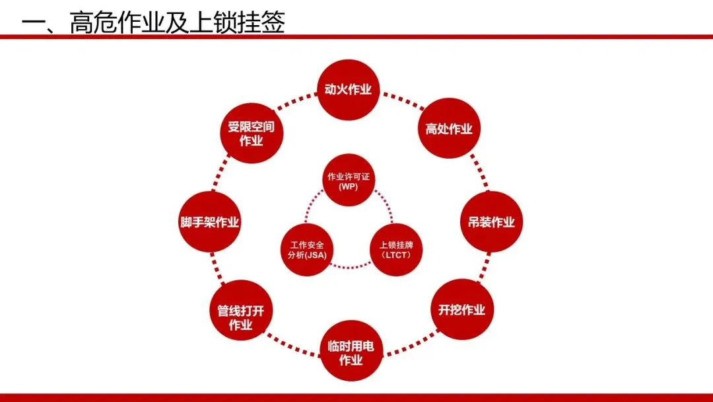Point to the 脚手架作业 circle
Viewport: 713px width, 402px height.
pyautogui.click(x=209, y=222)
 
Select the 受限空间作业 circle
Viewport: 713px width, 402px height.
pyautogui.click(x=251, y=134)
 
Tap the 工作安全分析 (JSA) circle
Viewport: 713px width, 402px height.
pyautogui.click(x=306, y=250)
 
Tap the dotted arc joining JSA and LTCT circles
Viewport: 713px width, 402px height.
pyautogui.click(x=350, y=267)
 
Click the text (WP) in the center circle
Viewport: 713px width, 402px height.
pyautogui.click(x=348, y=186)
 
